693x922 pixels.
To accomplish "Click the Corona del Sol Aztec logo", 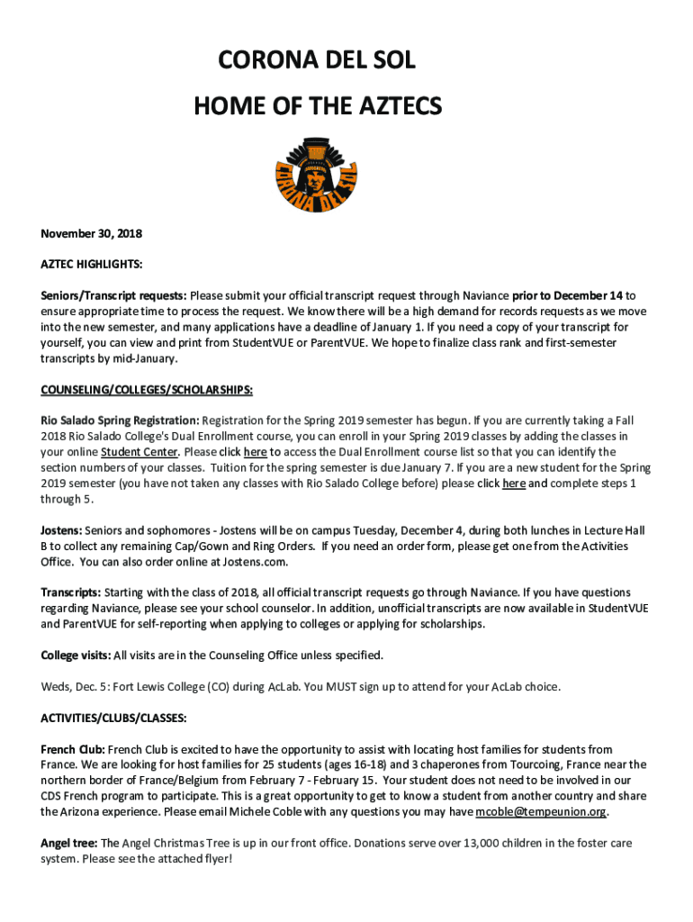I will point(318,175).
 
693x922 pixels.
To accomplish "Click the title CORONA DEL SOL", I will point(318,62).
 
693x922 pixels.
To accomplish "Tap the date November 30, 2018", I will point(91,233).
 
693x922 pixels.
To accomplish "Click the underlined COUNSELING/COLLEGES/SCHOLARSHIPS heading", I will point(147,389).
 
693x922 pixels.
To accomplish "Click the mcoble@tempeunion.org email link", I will point(540,811).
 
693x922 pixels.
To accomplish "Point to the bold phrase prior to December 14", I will point(568,295).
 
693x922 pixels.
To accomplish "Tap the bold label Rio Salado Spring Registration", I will point(120,420).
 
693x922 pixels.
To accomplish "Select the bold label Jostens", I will point(62,530).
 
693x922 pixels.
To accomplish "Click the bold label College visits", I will point(76,655).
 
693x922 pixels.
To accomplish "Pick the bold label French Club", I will point(73,749).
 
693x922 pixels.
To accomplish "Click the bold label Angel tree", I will point(68,843).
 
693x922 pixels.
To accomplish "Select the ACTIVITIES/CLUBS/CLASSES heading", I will point(113,718).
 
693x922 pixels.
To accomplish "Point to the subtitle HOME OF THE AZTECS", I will point(318,107).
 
